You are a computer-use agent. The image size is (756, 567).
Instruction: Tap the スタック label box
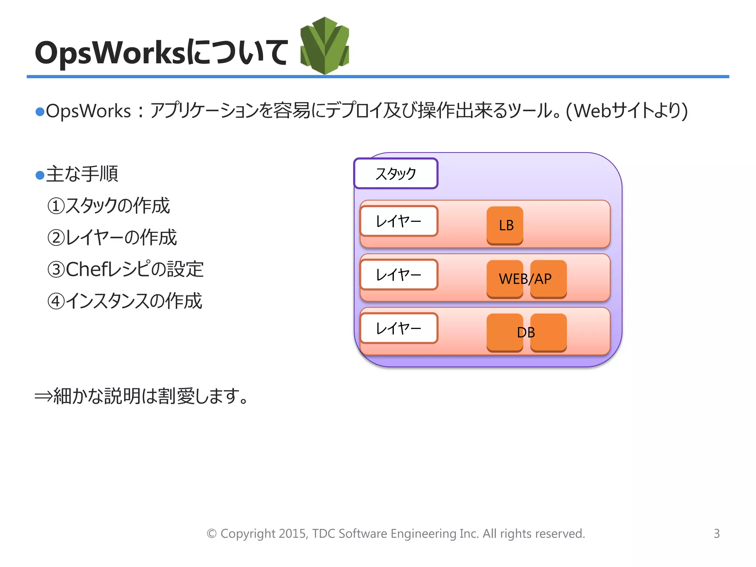[x=396, y=173]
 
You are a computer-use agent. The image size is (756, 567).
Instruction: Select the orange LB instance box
[x=505, y=225]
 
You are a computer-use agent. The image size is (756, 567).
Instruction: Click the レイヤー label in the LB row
[x=399, y=221]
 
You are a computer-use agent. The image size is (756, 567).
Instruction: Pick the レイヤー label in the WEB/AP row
[x=399, y=275]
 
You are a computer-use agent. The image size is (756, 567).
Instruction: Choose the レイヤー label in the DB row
[x=399, y=328]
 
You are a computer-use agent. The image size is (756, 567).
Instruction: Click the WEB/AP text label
[x=525, y=279]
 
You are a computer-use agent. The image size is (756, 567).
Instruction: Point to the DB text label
[x=526, y=333]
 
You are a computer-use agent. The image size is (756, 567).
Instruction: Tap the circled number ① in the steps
[x=56, y=206]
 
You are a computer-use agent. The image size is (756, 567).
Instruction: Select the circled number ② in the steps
[x=56, y=238]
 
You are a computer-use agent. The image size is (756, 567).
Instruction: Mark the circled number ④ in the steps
[x=56, y=301]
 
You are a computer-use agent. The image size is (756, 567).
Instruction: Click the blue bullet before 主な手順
[x=40, y=175]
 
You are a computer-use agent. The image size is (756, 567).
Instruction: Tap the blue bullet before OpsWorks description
[x=40, y=111]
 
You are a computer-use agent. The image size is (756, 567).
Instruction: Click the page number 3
[x=717, y=533]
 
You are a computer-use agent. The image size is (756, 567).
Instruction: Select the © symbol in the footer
[x=212, y=534]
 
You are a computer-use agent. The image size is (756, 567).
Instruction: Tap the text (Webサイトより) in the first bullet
[x=627, y=111]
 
